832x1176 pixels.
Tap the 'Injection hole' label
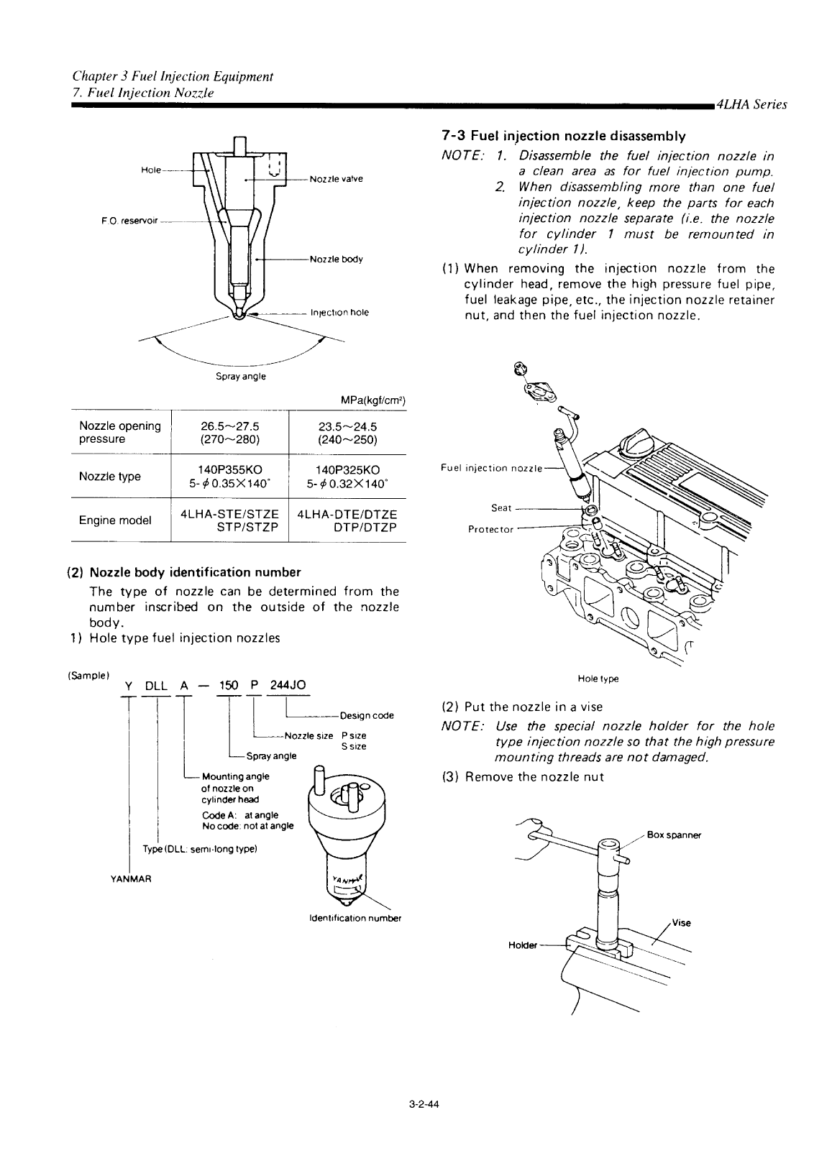339,313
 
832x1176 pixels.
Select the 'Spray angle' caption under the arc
241,376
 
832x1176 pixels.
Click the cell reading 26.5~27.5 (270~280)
229,432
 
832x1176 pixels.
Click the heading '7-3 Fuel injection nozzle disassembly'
562,136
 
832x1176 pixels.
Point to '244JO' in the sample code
288,685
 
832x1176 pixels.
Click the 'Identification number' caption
354,918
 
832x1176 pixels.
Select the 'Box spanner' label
673,835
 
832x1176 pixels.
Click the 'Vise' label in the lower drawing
680,924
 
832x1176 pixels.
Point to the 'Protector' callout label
490,529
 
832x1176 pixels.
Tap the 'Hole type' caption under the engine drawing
598,679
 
